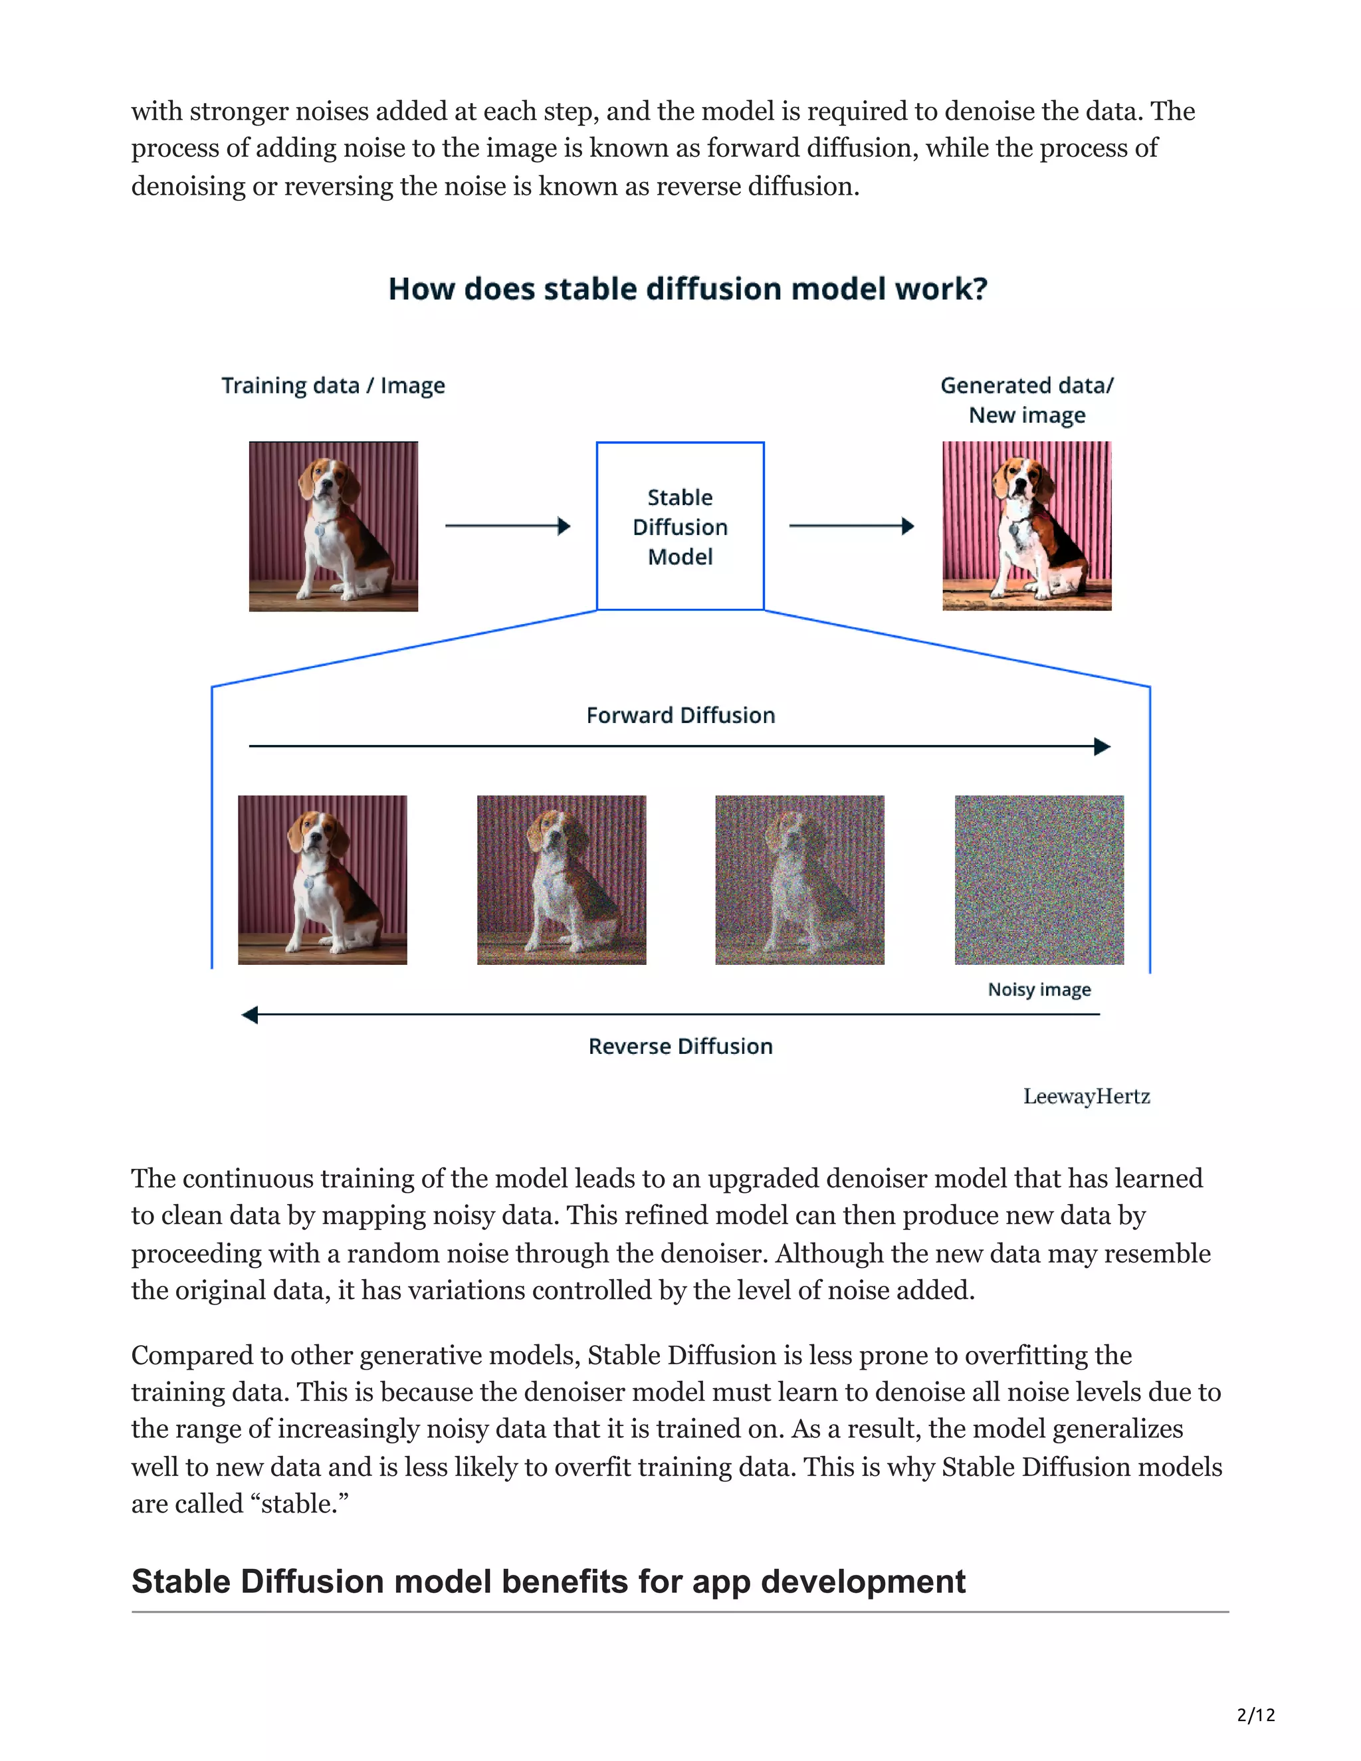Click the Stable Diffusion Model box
[x=680, y=526]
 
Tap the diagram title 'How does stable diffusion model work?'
[x=688, y=288]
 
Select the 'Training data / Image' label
[x=333, y=385]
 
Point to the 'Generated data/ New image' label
[x=1026, y=400]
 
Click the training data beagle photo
[x=333, y=526]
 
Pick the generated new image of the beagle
[x=1026, y=526]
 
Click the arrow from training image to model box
[x=507, y=526]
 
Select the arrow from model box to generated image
[x=851, y=526]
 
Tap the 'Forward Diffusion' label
[x=680, y=715]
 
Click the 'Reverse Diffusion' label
[x=680, y=1046]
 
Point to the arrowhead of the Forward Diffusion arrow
[x=1102, y=747]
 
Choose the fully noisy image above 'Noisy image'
[x=1039, y=880]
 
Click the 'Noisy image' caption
[x=1039, y=989]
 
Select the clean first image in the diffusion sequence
[x=322, y=880]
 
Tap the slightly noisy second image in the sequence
[x=561, y=880]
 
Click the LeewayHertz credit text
[x=1086, y=1096]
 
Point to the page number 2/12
[x=1255, y=1714]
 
